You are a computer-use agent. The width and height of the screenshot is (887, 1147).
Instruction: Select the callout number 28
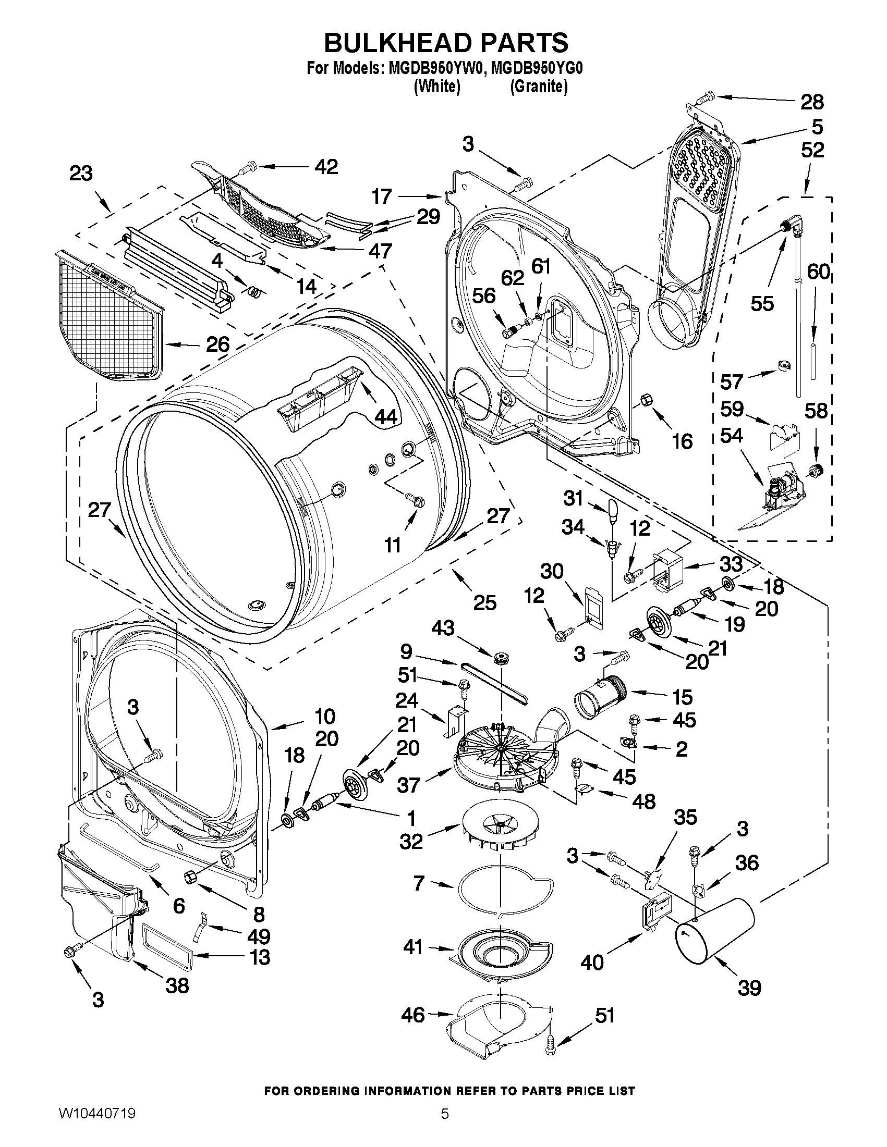(x=812, y=102)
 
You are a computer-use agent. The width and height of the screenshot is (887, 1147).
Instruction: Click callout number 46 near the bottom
(x=413, y=1015)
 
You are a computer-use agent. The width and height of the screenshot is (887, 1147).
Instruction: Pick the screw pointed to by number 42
(x=248, y=168)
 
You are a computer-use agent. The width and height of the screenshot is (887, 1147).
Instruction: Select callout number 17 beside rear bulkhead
(x=382, y=196)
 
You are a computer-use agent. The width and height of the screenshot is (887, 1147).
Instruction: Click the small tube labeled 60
(x=813, y=361)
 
